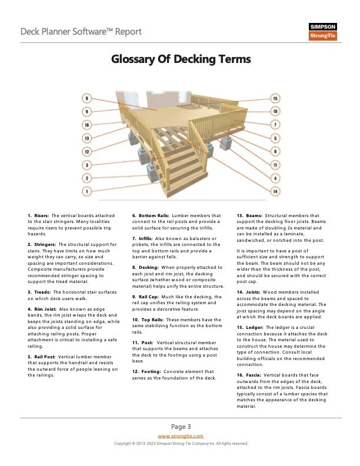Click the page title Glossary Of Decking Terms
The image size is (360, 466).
[x=181, y=59]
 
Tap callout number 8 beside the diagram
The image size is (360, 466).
[x=87, y=98]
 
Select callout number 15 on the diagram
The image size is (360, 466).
[x=275, y=98]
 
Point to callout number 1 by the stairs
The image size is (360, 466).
[x=87, y=191]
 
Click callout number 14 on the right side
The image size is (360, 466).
[x=275, y=191]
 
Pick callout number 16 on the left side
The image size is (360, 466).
[x=87, y=125]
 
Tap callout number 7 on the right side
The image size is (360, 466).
[x=275, y=125]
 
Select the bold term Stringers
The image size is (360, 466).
[x=46, y=244]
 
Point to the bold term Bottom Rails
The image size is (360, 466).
[x=154, y=216]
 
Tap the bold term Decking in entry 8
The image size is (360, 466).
[x=151, y=267]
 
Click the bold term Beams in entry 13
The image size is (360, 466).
[x=254, y=216]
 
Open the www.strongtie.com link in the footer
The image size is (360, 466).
[x=181, y=436]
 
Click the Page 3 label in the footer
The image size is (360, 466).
[x=181, y=426]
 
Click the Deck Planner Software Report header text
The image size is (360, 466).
[x=72, y=31]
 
